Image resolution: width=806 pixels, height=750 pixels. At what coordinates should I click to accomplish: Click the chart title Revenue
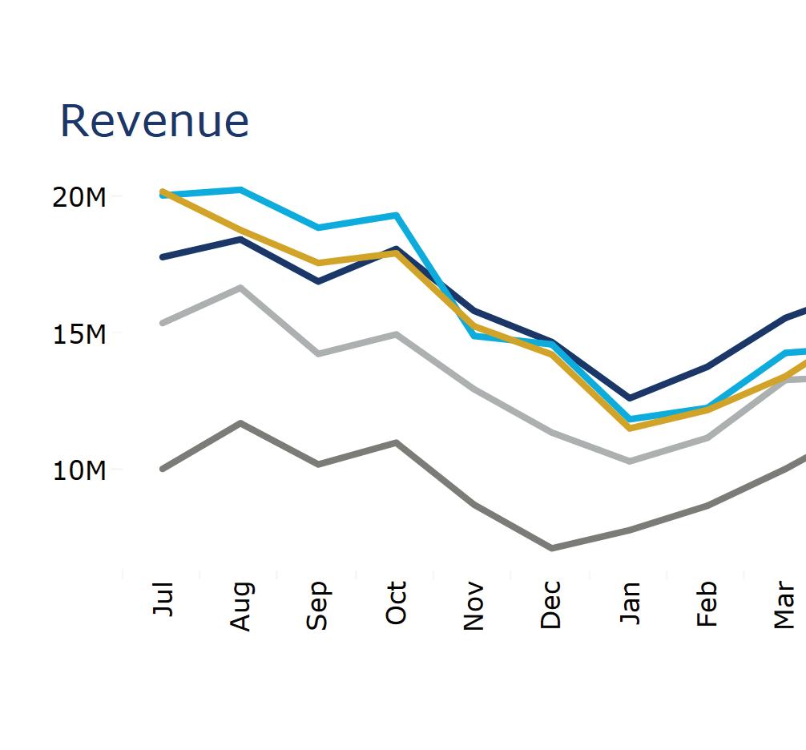click(x=155, y=121)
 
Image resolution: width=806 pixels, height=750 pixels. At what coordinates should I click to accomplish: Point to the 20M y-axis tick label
click(x=79, y=197)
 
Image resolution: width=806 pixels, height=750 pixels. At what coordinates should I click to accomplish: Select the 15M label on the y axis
click(x=79, y=334)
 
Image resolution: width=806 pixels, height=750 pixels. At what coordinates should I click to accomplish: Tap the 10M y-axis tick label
click(x=79, y=470)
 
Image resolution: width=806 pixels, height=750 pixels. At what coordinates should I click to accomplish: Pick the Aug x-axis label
click(x=240, y=607)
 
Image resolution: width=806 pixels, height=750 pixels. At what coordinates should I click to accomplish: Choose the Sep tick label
click(x=318, y=606)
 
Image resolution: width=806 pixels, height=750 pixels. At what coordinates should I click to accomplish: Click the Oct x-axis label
click(x=396, y=603)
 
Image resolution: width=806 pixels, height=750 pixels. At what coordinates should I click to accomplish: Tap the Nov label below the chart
click(x=474, y=607)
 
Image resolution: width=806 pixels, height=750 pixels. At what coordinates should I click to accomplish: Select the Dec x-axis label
click(x=551, y=605)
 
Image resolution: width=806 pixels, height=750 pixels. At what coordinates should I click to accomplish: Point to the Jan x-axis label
click(x=630, y=603)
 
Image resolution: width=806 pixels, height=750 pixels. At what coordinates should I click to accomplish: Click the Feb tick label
click(x=707, y=605)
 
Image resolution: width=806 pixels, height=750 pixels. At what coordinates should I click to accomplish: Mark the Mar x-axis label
click(x=784, y=607)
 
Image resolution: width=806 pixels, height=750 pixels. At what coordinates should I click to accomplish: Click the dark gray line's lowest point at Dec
click(x=551, y=548)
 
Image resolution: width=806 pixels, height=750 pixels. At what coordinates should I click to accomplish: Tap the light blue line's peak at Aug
click(x=240, y=190)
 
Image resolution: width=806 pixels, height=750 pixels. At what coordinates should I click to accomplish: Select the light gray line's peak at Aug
click(x=240, y=288)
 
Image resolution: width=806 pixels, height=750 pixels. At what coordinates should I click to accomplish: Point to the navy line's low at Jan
click(x=630, y=398)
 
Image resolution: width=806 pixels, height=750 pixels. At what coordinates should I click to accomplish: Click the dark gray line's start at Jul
click(x=163, y=469)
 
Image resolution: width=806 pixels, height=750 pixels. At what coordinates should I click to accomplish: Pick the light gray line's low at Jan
click(x=630, y=462)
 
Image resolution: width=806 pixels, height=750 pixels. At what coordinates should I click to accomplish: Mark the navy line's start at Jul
click(x=163, y=257)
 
